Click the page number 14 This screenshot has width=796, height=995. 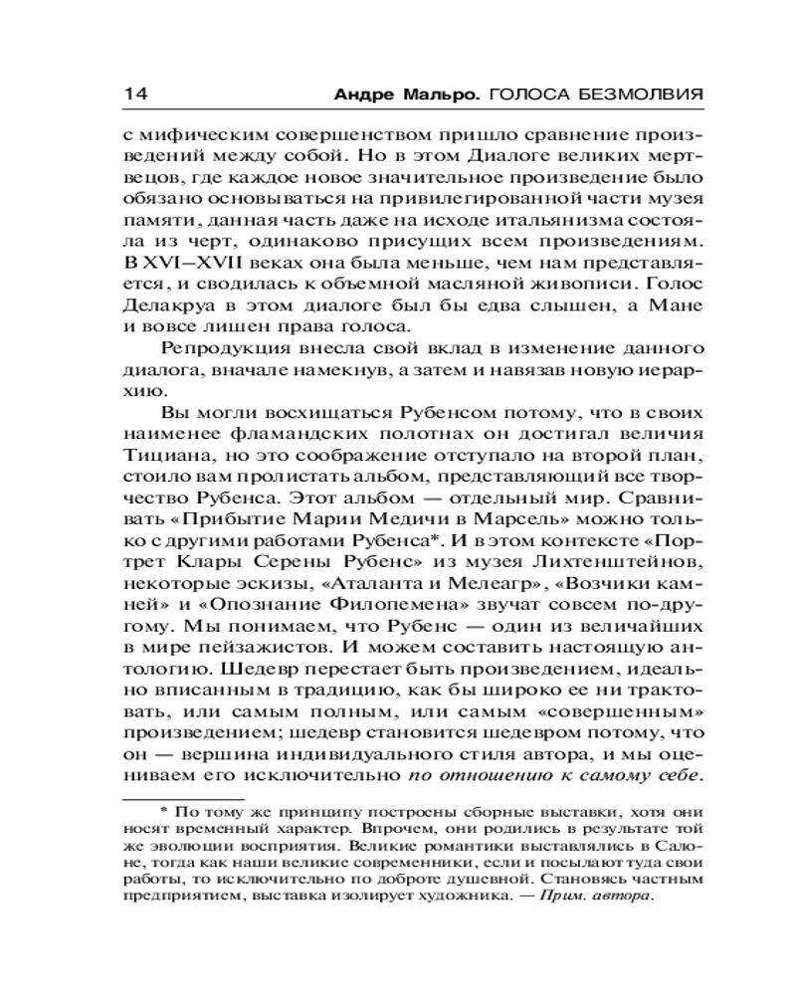[135, 94]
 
